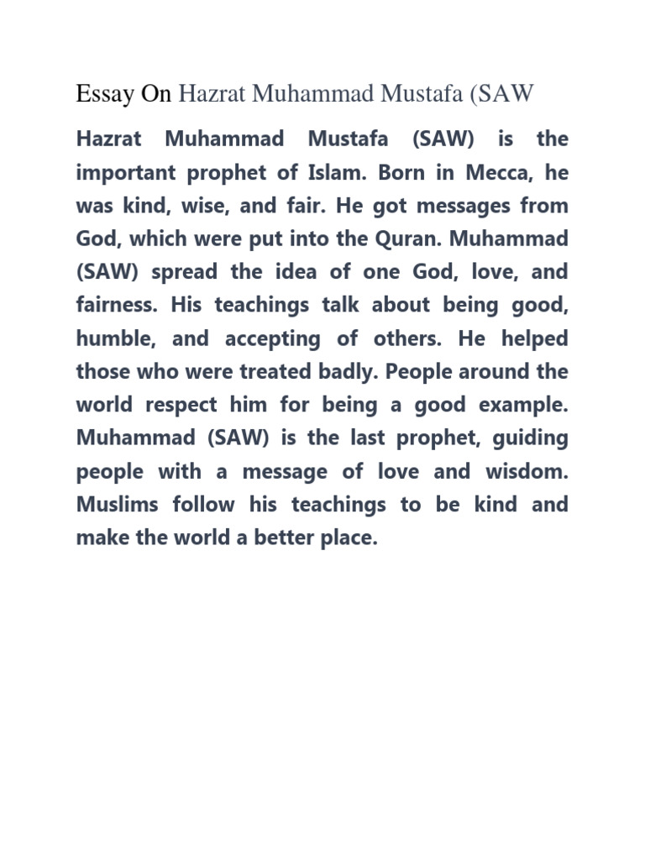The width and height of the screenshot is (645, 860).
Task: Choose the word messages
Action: click(465, 206)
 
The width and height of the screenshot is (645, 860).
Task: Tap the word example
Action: click(523, 405)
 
